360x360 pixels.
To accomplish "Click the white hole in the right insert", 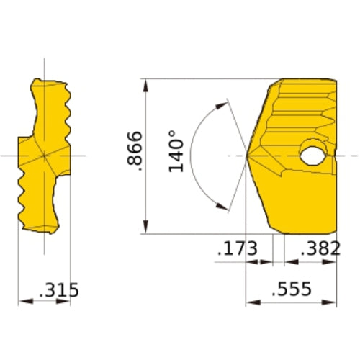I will (x=313, y=154).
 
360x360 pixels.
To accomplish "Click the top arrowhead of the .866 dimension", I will (x=146, y=83).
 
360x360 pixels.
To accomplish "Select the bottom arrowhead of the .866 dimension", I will (x=146, y=229).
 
